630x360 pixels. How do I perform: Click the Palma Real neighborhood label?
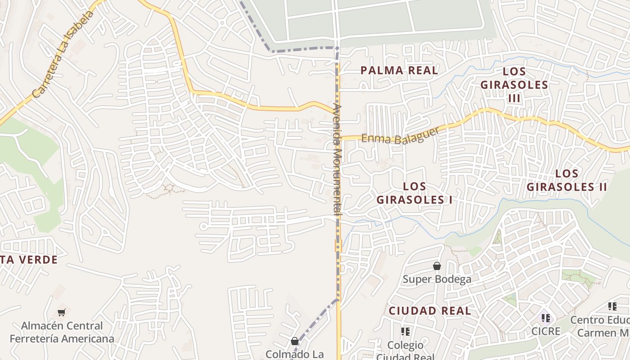point(399,70)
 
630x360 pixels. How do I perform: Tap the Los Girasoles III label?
point(514,85)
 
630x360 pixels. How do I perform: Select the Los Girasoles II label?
point(567,180)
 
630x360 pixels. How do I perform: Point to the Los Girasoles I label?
point(414,193)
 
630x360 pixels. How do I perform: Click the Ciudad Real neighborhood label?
point(430,310)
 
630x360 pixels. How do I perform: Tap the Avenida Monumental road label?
point(337,160)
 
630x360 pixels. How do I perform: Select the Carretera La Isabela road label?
point(63,54)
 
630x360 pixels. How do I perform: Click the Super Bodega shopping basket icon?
point(436,266)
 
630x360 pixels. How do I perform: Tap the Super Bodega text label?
point(437,279)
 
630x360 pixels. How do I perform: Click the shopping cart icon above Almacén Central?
point(62,312)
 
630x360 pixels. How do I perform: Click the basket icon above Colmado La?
point(294,341)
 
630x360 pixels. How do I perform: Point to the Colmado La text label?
point(294,354)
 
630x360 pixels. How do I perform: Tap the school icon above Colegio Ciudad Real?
point(405,332)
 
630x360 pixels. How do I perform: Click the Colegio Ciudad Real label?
point(405,351)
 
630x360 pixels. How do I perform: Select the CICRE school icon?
point(546,318)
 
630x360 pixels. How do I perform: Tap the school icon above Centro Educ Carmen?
point(612,306)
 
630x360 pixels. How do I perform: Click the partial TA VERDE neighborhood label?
point(29,260)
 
